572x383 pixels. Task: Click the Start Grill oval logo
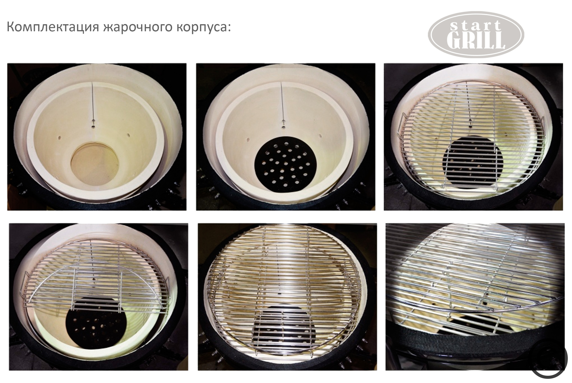476,34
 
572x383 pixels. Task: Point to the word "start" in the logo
476,26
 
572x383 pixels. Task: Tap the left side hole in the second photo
248,139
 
